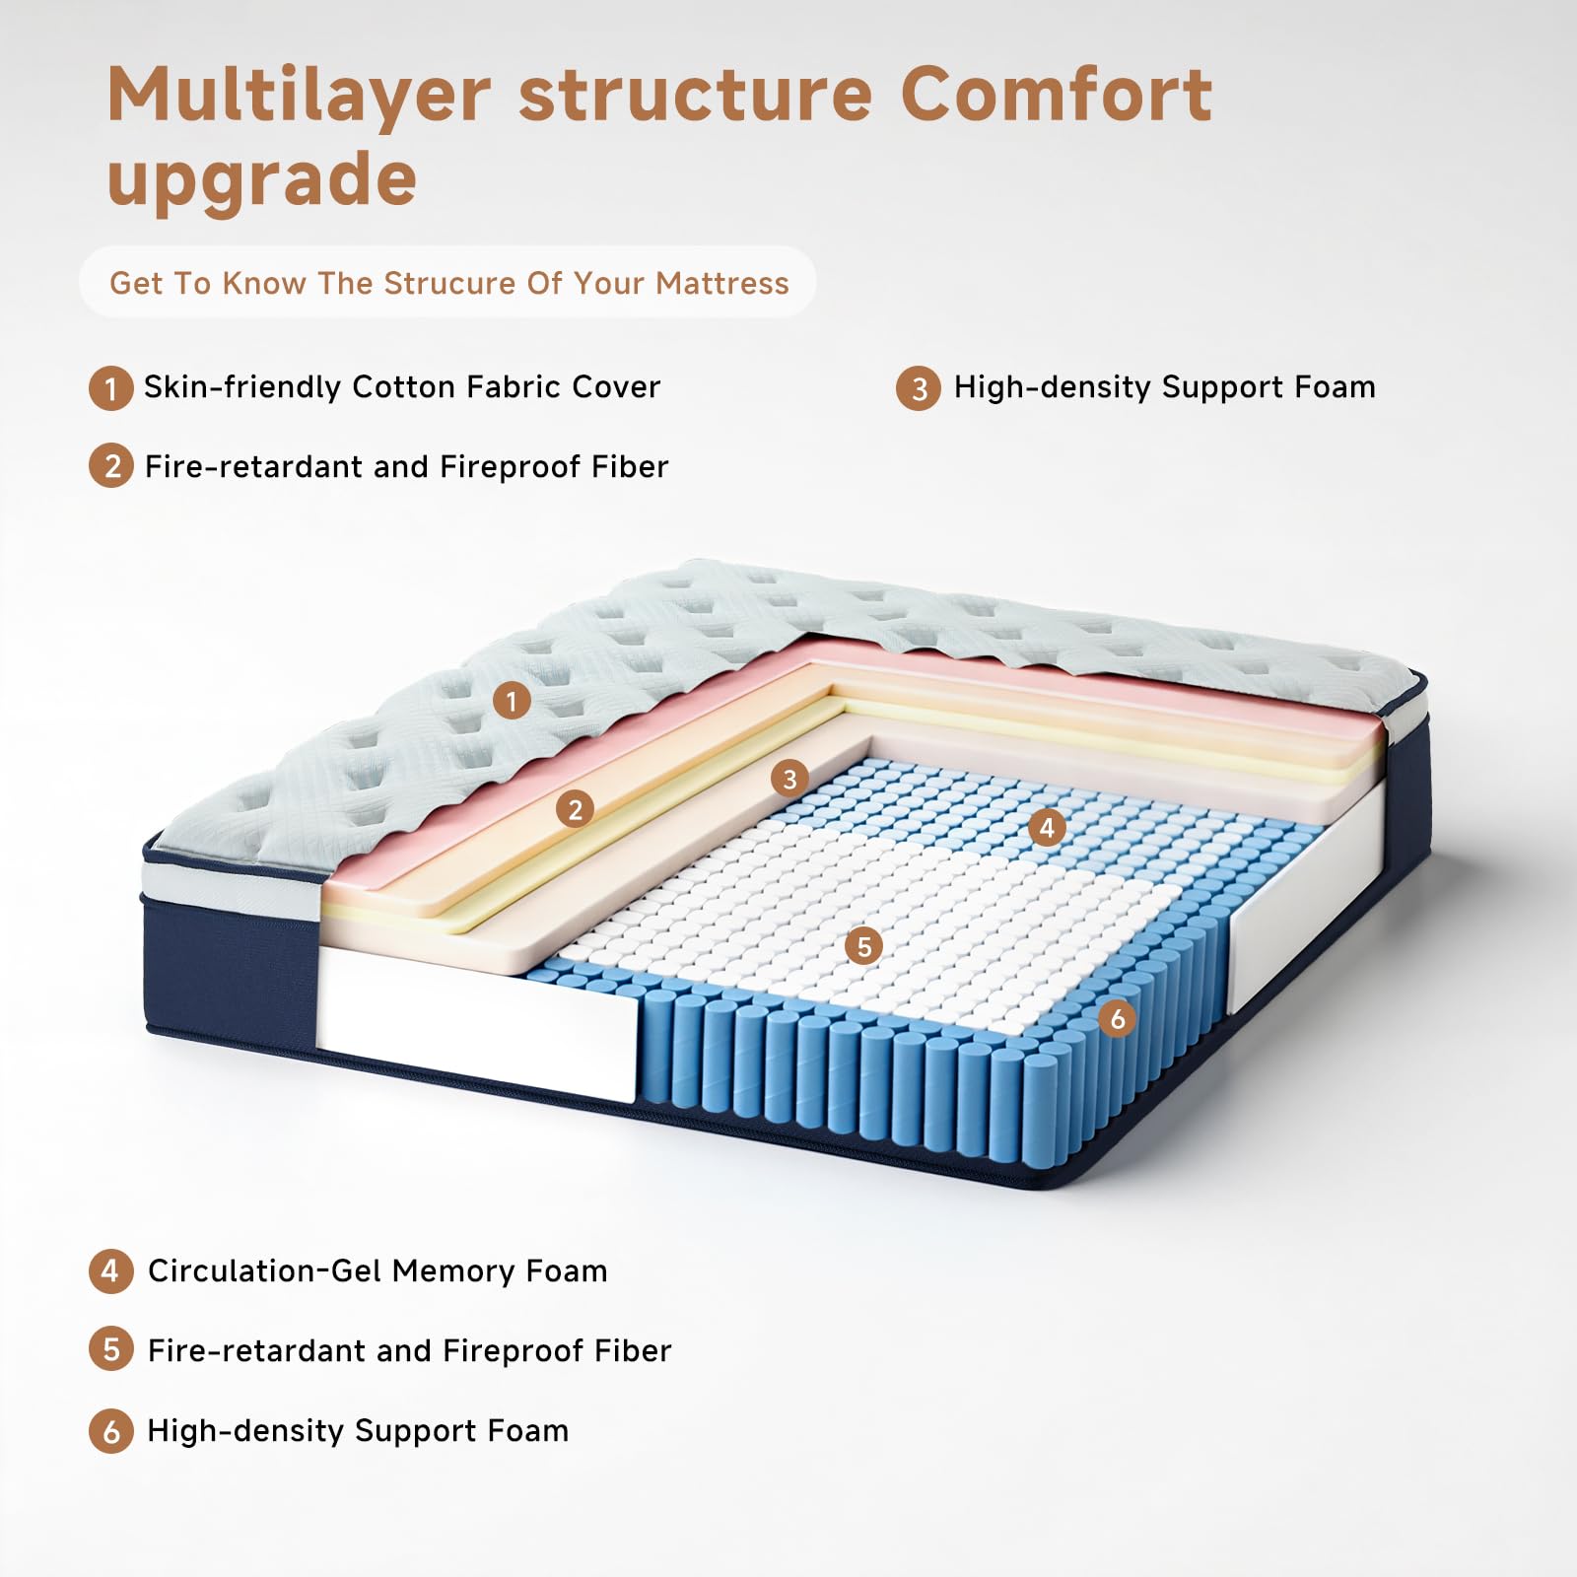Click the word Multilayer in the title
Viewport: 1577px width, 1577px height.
click(298, 97)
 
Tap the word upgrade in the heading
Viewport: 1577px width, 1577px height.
click(261, 180)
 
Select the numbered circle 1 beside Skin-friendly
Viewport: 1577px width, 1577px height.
click(110, 387)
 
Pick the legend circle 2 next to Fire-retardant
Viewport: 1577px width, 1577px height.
click(110, 466)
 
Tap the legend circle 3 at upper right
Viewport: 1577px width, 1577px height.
click(918, 388)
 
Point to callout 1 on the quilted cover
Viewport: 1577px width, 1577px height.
click(512, 701)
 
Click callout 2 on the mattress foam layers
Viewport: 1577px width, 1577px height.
click(575, 810)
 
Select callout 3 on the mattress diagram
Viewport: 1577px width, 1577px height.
click(789, 780)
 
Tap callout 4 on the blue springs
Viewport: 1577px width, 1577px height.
click(1047, 827)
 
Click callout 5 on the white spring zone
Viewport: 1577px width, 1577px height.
click(864, 947)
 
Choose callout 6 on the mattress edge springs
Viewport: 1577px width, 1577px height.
click(1117, 1018)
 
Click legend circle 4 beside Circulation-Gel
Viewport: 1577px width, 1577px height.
click(110, 1271)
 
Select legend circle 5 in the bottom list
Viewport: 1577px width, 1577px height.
click(110, 1350)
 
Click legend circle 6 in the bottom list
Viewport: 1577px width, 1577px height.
click(110, 1431)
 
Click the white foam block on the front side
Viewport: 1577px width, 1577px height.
click(473, 1025)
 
